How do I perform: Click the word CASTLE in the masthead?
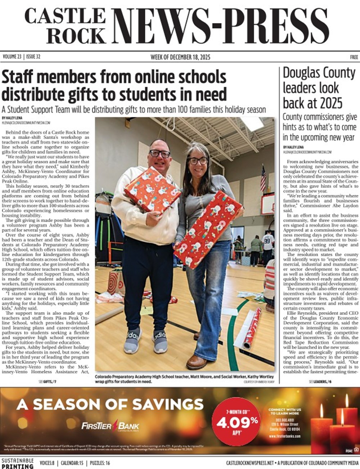[65, 17]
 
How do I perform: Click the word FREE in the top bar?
[354, 57]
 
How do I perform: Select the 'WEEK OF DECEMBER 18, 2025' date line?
[180, 57]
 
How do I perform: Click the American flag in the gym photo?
[263, 178]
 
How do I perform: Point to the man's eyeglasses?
[160, 153]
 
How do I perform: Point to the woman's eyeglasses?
[198, 161]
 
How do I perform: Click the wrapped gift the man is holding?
[152, 190]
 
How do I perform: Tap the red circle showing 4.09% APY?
[236, 421]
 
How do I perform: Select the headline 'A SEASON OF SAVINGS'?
[110, 404]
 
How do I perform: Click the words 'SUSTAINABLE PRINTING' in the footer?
[17, 463]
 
